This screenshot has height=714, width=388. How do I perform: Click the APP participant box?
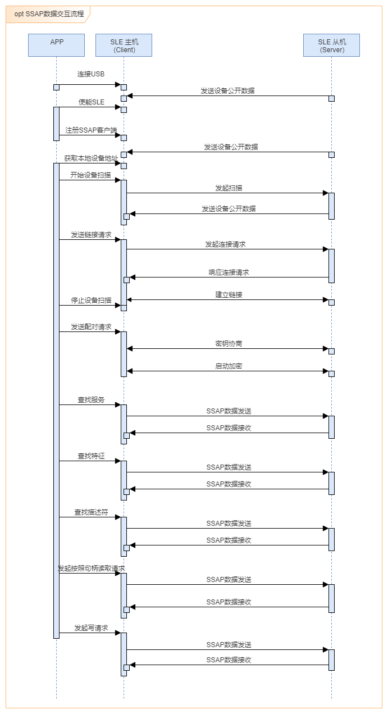tap(56, 45)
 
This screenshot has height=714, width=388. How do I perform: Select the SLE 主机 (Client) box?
tap(124, 45)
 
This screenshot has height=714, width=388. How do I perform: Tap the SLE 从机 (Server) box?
tap(331, 45)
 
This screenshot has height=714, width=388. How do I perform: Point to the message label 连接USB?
tap(91, 74)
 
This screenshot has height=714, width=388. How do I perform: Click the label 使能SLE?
tap(91, 102)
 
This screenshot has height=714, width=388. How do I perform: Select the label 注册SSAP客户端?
tap(91, 130)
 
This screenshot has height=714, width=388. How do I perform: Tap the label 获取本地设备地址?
tap(91, 158)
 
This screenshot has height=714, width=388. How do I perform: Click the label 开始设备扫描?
tap(91, 175)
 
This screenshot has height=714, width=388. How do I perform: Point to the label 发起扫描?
tap(229, 188)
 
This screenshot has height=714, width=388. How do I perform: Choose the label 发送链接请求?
tap(91, 234)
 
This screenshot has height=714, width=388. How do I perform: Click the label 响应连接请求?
tap(229, 272)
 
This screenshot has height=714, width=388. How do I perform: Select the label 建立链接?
tap(229, 294)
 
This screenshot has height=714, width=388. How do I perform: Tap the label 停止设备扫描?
tap(91, 300)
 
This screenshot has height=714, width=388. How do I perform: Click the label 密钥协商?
tap(229, 343)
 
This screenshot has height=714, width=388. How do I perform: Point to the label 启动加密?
tap(229, 366)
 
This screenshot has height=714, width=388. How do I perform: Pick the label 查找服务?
tap(91, 399)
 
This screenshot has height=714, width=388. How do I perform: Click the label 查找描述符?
tap(91, 512)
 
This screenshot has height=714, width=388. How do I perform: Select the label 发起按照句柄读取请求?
tap(91, 568)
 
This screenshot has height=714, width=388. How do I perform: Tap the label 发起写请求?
tap(91, 627)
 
